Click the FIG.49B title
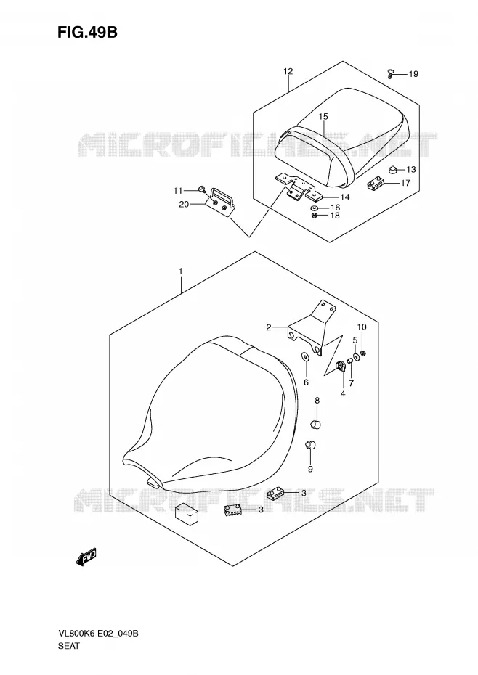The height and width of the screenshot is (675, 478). pyautogui.click(x=87, y=33)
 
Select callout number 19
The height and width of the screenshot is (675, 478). pyautogui.click(x=413, y=74)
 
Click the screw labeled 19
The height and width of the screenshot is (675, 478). pyautogui.click(x=390, y=74)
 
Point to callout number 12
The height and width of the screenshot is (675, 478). pyautogui.click(x=288, y=71)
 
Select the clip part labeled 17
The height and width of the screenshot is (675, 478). pyautogui.click(x=375, y=184)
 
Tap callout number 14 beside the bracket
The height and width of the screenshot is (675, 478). pyautogui.click(x=344, y=197)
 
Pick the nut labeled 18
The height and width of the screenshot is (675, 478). pyautogui.click(x=315, y=216)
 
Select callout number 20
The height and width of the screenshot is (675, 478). pyautogui.click(x=184, y=204)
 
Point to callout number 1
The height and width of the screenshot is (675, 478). pyautogui.click(x=181, y=271)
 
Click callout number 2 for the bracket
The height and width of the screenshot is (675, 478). pyautogui.click(x=269, y=327)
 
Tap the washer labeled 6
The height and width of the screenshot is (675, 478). pyautogui.click(x=305, y=357)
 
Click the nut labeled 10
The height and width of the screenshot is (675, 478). pyautogui.click(x=363, y=353)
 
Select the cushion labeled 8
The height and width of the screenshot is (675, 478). pyautogui.click(x=315, y=425)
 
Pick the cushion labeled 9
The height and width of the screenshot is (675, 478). pyautogui.click(x=310, y=444)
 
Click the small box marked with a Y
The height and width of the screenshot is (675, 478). pyautogui.click(x=187, y=514)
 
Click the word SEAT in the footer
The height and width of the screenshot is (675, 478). pyautogui.click(x=68, y=646)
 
